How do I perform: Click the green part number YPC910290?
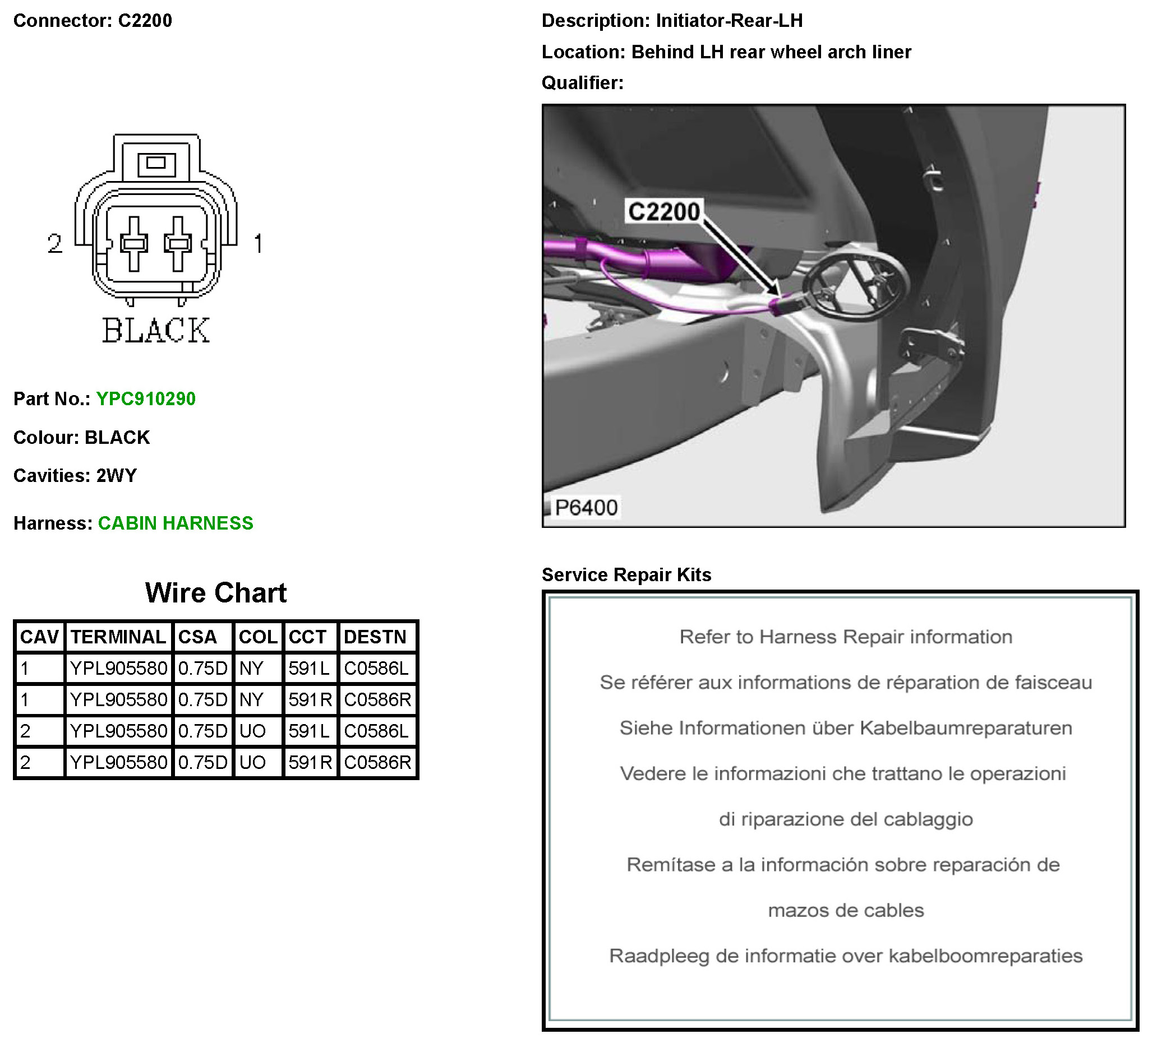click(146, 398)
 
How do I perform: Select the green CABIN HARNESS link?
click(176, 523)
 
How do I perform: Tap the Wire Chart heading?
click(216, 592)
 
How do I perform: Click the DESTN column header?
click(375, 637)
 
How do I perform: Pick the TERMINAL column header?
click(118, 637)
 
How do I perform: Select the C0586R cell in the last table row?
click(377, 762)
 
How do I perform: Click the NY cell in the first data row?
click(251, 668)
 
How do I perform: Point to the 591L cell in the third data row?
click(309, 731)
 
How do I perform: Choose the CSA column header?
click(197, 637)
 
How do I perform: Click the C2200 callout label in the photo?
click(664, 212)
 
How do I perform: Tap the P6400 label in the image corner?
click(586, 508)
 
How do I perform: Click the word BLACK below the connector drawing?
click(156, 331)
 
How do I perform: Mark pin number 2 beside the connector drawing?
click(55, 243)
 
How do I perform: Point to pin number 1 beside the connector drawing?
click(258, 243)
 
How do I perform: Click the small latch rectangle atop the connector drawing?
click(156, 164)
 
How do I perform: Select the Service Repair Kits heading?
click(626, 575)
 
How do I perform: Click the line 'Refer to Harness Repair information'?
click(845, 637)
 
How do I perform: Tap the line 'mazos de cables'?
click(845, 910)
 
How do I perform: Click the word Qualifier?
click(582, 83)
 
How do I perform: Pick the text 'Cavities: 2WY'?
click(75, 476)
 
